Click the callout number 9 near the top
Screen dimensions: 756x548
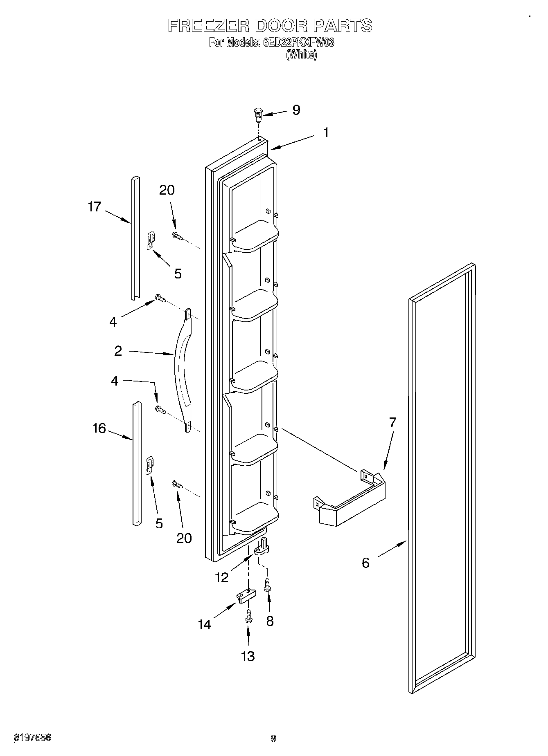(296, 110)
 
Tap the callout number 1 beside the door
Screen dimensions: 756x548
(326, 132)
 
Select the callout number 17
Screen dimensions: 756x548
(95, 207)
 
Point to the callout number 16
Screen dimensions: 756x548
(99, 428)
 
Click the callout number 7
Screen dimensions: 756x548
(392, 422)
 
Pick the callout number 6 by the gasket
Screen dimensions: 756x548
(365, 563)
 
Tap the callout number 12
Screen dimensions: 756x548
(221, 577)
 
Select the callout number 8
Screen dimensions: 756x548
(270, 621)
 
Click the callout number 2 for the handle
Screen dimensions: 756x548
(118, 351)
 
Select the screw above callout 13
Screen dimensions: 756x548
(248, 617)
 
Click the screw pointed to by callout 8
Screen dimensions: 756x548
(268, 583)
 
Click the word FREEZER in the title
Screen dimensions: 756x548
(208, 26)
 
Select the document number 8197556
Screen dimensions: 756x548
(33, 738)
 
